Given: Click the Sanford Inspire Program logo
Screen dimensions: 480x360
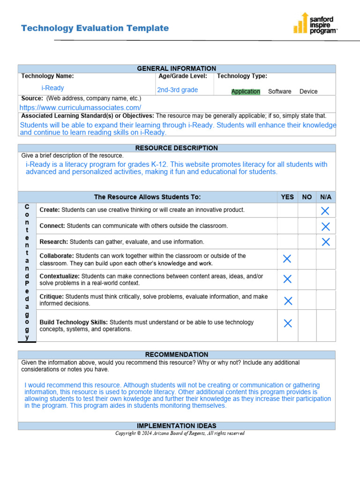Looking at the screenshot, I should click(x=315, y=23).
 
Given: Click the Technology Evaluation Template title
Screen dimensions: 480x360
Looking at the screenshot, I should click(x=95, y=28).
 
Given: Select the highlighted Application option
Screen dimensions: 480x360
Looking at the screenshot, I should click(x=246, y=91).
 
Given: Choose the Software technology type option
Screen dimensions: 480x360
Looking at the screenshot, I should click(x=279, y=91).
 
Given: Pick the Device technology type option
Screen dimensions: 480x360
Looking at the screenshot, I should click(x=308, y=91).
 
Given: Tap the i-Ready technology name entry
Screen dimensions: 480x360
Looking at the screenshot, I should click(x=52, y=88).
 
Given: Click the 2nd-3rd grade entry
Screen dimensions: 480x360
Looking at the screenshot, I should click(x=177, y=90).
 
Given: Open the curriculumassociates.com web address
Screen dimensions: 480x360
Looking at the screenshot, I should click(x=80, y=108).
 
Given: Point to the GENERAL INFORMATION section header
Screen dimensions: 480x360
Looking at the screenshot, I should click(x=177, y=68).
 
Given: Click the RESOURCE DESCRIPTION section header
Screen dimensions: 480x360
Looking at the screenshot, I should click(x=177, y=148).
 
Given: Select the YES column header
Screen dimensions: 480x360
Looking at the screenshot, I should click(x=287, y=197).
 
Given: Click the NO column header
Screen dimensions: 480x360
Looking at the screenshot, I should click(x=307, y=197).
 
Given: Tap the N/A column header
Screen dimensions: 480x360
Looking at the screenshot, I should click(x=325, y=197).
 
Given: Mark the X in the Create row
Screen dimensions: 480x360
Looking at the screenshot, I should click(x=325, y=211).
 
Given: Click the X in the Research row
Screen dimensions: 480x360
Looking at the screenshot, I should click(x=325, y=242).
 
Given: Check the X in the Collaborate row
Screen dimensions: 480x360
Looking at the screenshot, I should click(x=287, y=259).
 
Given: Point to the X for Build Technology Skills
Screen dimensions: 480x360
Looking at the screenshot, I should click(x=288, y=323).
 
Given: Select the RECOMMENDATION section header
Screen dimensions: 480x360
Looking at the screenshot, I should click(x=177, y=355).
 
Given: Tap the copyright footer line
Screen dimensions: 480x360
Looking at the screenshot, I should click(x=180, y=433).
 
